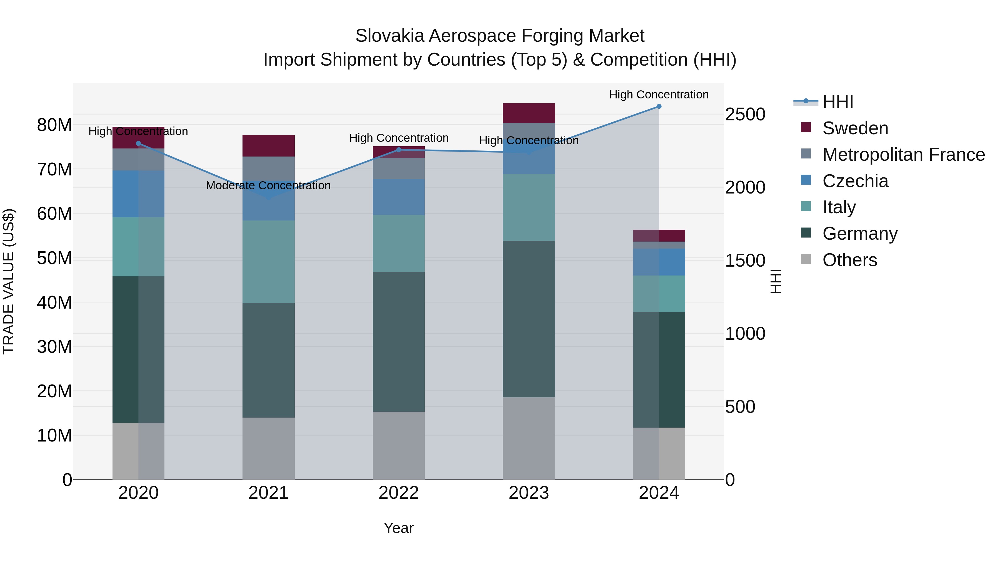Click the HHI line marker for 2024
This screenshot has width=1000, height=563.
point(659,106)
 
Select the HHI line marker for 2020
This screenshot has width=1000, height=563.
point(139,143)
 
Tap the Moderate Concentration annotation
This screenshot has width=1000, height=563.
point(268,186)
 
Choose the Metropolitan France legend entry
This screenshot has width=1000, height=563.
point(903,155)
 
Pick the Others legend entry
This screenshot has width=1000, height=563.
point(849,260)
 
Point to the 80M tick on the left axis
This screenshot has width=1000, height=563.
point(54,125)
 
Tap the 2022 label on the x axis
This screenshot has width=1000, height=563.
point(399,493)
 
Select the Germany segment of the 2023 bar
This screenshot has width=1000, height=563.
point(529,319)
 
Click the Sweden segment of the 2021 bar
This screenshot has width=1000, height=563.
point(268,146)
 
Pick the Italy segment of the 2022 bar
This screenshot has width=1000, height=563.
point(399,244)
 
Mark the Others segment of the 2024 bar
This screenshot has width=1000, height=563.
point(659,453)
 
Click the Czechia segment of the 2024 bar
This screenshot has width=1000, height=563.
point(659,262)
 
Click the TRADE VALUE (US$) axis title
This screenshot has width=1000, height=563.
point(9,281)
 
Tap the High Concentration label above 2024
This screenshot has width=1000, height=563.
point(659,95)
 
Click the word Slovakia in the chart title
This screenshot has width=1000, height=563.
point(389,36)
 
